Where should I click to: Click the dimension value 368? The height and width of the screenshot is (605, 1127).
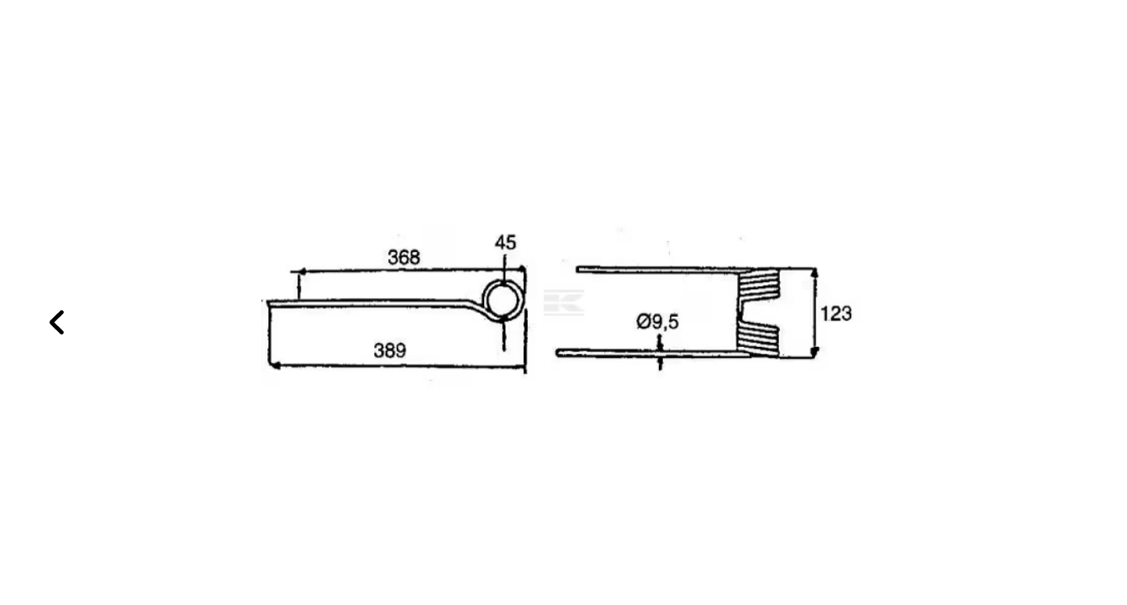point(403,257)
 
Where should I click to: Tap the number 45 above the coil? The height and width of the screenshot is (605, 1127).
point(505,243)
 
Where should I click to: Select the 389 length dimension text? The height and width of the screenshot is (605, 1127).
point(390,350)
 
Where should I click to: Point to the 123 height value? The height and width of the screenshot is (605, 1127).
point(835,313)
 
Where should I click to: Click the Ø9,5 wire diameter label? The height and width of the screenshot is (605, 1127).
point(657,321)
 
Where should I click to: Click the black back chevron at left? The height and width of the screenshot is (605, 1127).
point(57,323)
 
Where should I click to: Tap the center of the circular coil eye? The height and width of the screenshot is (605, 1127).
point(501,300)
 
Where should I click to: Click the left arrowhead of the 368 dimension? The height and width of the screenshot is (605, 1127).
point(299,271)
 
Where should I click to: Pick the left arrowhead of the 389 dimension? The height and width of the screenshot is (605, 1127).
point(275,366)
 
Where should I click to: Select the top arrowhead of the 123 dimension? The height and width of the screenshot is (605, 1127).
point(814,273)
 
